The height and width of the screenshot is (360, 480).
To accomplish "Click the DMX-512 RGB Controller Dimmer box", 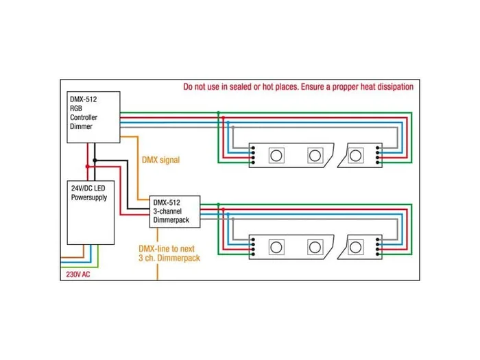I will click(x=93, y=117).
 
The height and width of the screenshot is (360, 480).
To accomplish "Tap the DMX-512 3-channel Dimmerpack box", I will click(x=175, y=213).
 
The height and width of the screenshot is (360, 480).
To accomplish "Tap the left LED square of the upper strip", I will click(x=276, y=154).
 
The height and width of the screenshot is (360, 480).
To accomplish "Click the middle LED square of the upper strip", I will click(x=315, y=154).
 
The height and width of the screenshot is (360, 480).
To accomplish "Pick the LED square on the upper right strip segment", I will click(x=356, y=154).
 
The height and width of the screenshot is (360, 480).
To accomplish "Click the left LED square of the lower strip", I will click(x=276, y=245).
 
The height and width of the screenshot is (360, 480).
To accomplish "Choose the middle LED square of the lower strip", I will click(x=315, y=245).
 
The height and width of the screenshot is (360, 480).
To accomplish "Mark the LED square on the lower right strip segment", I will click(x=356, y=245).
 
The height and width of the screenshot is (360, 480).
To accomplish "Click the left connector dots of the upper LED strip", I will click(x=253, y=154).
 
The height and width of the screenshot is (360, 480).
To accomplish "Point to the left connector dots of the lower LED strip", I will click(x=253, y=245).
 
